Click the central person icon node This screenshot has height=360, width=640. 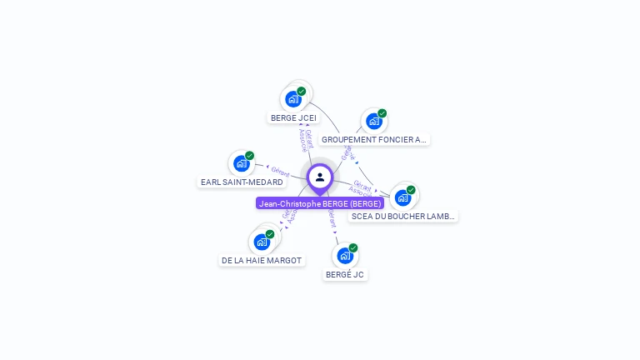pyautogui.click(x=320, y=177)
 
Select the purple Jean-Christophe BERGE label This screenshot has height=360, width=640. pyautogui.click(x=320, y=203)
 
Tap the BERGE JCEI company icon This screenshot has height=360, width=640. pyautogui.click(x=292, y=99)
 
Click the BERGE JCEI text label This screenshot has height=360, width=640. pyautogui.click(x=294, y=118)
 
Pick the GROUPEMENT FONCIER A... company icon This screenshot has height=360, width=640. pyautogui.click(x=373, y=122)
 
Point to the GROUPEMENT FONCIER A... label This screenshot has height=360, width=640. pyautogui.click(x=374, y=140)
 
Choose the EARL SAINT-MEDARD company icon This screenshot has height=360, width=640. pyautogui.click(x=241, y=163)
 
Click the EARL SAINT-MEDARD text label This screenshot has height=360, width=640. pyautogui.click(x=242, y=182)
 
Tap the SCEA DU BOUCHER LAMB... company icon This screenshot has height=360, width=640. pyautogui.click(x=402, y=197)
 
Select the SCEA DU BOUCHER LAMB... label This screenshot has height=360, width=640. pyautogui.click(x=403, y=217)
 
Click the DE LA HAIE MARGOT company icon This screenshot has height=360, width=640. pyautogui.click(x=262, y=242)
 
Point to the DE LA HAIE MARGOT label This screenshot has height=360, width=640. pyautogui.click(x=262, y=261)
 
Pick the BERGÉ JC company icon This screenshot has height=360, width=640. pyautogui.click(x=345, y=256)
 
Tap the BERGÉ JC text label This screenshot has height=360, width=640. pyautogui.click(x=345, y=274)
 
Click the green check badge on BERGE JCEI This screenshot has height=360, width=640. pyautogui.click(x=302, y=91)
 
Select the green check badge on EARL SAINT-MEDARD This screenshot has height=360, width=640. pyautogui.click(x=250, y=156)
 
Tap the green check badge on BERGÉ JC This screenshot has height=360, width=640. pyautogui.click(x=353, y=247)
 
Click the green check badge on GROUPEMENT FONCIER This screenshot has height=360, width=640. pyautogui.click(x=382, y=113)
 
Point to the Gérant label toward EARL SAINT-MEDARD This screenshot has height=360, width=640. pyautogui.click(x=280, y=170)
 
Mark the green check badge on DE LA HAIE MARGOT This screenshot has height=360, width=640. pyautogui.click(x=270, y=234)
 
